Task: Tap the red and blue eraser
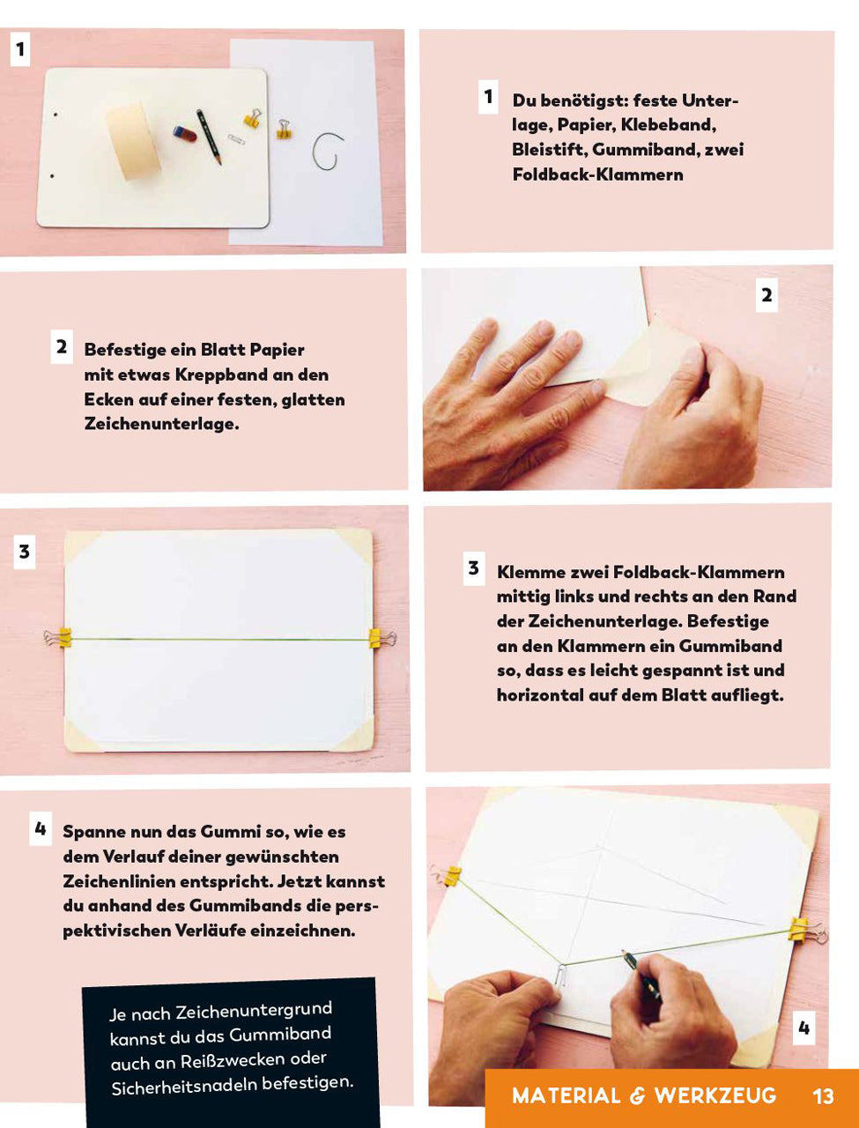pos(184,134)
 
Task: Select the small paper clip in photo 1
pos(237,138)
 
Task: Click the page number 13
pos(823,1096)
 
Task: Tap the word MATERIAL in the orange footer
pos(566,1096)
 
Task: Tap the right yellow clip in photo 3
pos(381,639)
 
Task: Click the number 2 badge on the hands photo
pos(766,295)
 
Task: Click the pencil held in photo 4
pos(641,972)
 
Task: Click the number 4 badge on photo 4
pos(804,1028)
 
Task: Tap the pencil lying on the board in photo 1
pos(209,137)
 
